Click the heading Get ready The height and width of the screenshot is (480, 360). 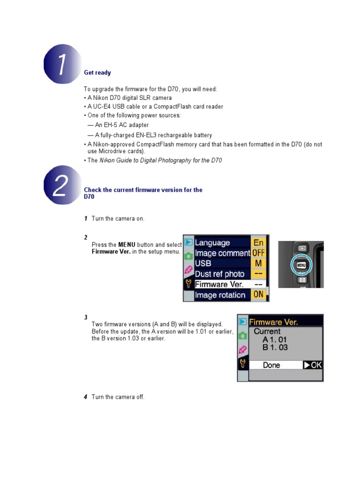point(97,73)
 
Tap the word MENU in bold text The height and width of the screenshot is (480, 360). point(127,245)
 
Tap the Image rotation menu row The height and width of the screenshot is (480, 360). point(220,295)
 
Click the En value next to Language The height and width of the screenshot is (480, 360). point(259,243)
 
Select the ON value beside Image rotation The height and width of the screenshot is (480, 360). point(259,295)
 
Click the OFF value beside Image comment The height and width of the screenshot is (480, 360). point(259,253)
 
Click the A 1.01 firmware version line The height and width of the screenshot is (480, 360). point(275,339)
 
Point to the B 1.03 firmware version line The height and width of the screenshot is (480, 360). point(275,348)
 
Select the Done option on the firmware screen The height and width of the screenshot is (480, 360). point(271,365)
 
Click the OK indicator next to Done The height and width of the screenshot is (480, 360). point(313,365)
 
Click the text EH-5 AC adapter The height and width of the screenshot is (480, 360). point(122,125)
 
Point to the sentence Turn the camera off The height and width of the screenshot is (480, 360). point(118,397)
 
